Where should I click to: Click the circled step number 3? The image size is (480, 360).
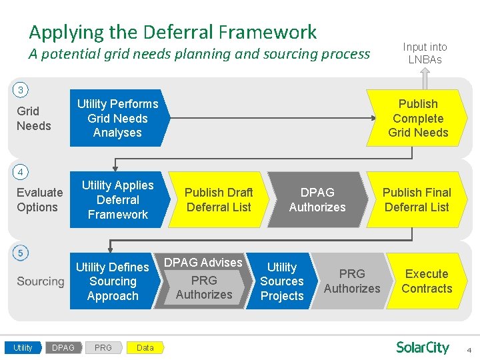pyautogui.click(x=21, y=90)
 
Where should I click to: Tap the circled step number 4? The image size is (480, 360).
pyautogui.click(x=21, y=172)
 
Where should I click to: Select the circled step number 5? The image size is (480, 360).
pyautogui.click(x=21, y=253)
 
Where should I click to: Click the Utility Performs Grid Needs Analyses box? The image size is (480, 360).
pyautogui.click(x=117, y=118)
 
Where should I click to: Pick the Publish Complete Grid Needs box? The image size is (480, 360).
pyautogui.click(x=418, y=118)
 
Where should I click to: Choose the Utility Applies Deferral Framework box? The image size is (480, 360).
pyautogui.click(x=117, y=200)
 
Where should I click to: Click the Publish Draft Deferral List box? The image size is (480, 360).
pyautogui.click(x=218, y=200)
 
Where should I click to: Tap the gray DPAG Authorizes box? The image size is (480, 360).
pyautogui.click(x=317, y=200)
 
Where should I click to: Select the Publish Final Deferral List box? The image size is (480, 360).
pyautogui.click(x=417, y=200)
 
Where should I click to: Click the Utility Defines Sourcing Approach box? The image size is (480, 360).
pyautogui.click(x=113, y=281)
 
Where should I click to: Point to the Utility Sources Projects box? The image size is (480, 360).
pyautogui.click(x=282, y=281)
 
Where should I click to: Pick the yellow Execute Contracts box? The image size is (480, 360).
pyautogui.click(x=427, y=281)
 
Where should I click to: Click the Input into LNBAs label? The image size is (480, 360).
pyautogui.click(x=425, y=53)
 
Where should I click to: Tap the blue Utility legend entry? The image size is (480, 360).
pyautogui.click(x=23, y=347)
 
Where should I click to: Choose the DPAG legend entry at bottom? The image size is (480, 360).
pyautogui.click(x=63, y=347)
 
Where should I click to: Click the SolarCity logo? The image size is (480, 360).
pyautogui.click(x=422, y=347)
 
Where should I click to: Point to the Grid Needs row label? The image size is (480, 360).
pyautogui.click(x=33, y=119)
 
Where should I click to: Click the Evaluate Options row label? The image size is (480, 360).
pyautogui.click(x=39, y=200)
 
